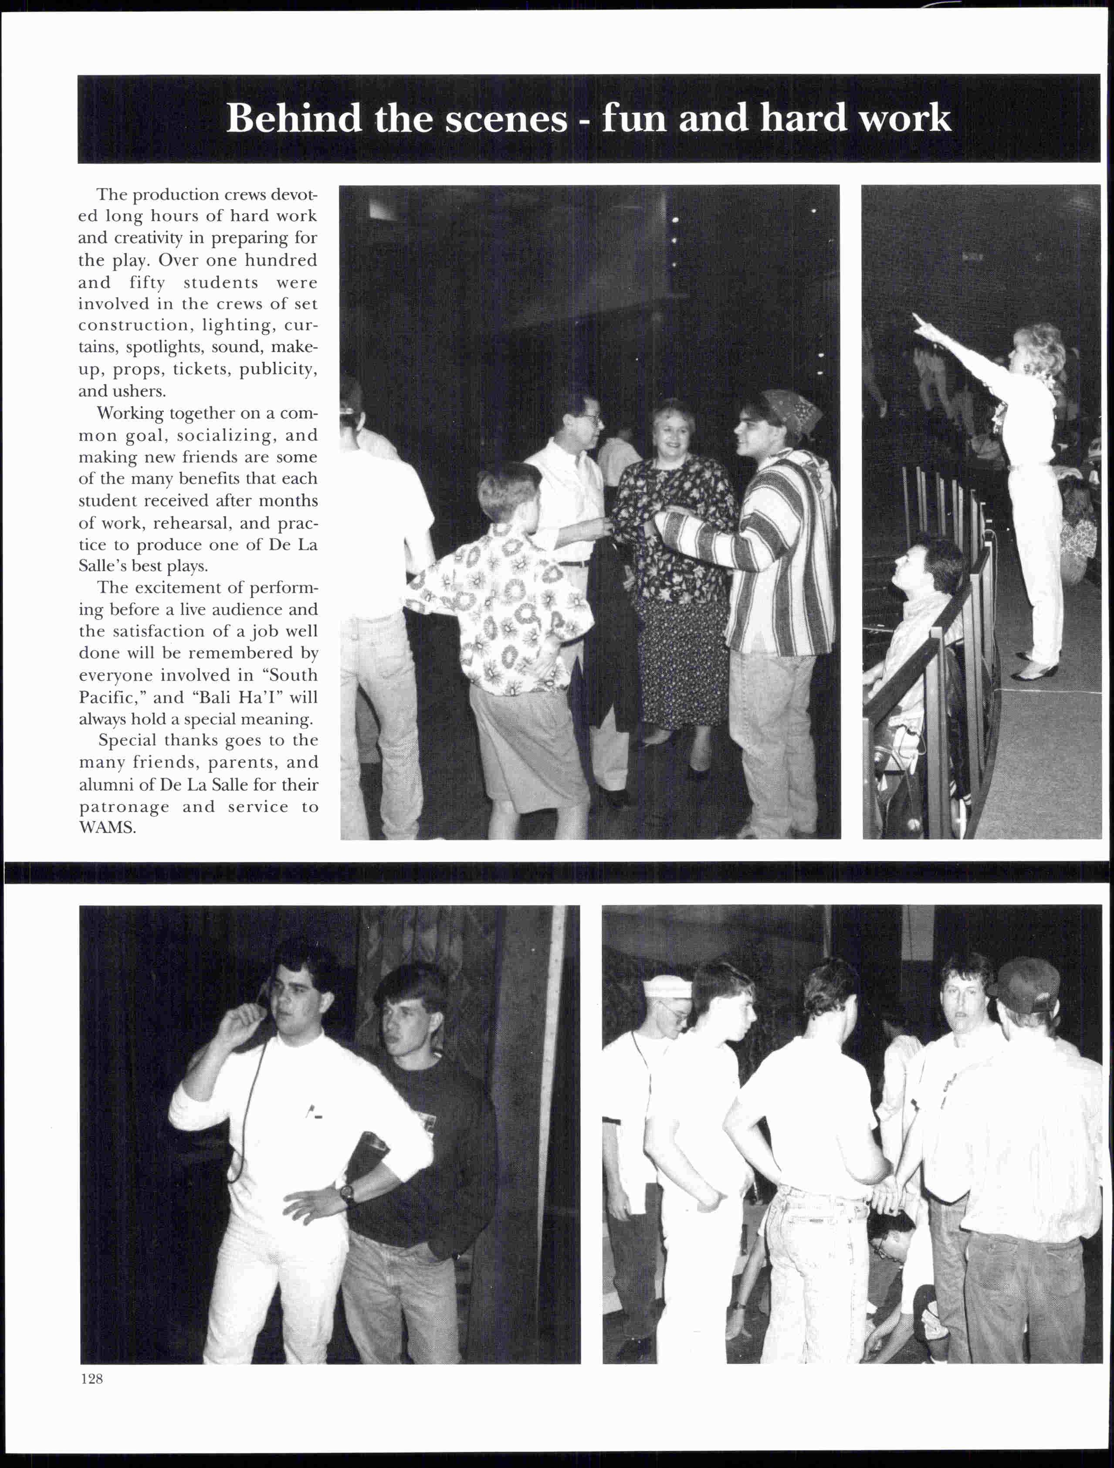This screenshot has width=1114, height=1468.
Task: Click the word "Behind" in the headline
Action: click(x=293, y=119)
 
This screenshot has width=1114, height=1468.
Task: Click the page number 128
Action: click(x=91, y=1378)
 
